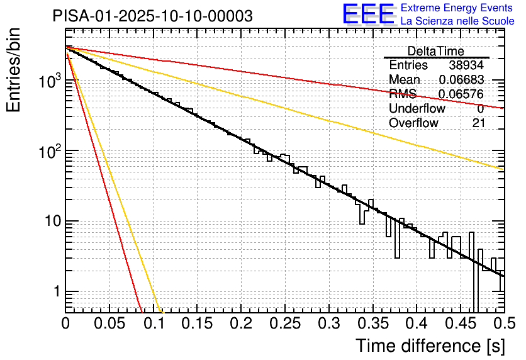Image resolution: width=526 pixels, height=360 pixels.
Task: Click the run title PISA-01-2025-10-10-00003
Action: [x=153, y=16]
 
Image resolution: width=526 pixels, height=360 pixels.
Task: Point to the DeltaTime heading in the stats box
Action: [x=435, y=51]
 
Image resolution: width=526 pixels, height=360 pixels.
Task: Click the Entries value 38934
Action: [x=466, y=65]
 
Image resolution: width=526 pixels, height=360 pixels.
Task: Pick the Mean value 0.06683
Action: [x=461, y=80]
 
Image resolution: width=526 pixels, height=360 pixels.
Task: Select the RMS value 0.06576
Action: [x=461, y=94]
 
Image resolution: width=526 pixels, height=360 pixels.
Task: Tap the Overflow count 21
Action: [x=478, y=123]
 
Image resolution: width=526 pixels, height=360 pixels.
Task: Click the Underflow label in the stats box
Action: [x=417, y=109]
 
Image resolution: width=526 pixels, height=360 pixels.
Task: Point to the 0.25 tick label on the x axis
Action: [x=285, y=324]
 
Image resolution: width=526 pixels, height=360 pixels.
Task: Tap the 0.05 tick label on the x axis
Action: [x=109, y=324]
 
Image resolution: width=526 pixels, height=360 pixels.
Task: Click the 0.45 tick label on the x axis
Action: [x=461, y=324]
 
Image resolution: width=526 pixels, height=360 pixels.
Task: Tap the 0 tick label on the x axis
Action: [x=65, y=324]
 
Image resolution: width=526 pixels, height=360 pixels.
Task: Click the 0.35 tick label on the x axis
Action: [x=372, y=324]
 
